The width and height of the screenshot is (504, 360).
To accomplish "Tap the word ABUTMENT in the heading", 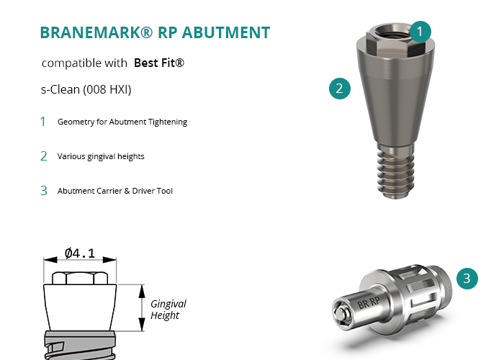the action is (226, 32).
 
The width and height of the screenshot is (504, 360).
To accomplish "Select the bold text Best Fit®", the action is (159, 63).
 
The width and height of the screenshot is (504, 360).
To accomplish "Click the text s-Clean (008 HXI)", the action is (86, 89).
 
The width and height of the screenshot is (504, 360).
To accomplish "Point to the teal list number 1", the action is (42, 122).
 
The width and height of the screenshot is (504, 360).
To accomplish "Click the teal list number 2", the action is (44, 156).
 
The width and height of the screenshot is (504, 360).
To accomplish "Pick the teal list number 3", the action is (44, 191).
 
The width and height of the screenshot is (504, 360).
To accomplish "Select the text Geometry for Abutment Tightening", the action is (122, 122).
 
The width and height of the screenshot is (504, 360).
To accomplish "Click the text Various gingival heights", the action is (101, 156).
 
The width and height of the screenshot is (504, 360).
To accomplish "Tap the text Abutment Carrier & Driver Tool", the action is (115, 191).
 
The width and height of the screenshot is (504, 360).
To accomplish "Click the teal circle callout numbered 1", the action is (420, 32).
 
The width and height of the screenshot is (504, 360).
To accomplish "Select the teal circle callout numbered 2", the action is (340, 89).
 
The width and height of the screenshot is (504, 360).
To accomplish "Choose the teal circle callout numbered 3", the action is (467, 279).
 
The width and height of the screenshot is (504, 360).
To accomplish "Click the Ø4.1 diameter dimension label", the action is (80, 253).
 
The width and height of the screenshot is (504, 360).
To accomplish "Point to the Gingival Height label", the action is (168, 310).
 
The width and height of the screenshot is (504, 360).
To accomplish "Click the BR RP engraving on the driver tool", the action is (369, 302).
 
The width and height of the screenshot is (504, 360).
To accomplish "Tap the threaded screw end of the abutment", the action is (395, 172).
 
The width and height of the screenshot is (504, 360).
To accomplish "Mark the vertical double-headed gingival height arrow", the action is (142, 307).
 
